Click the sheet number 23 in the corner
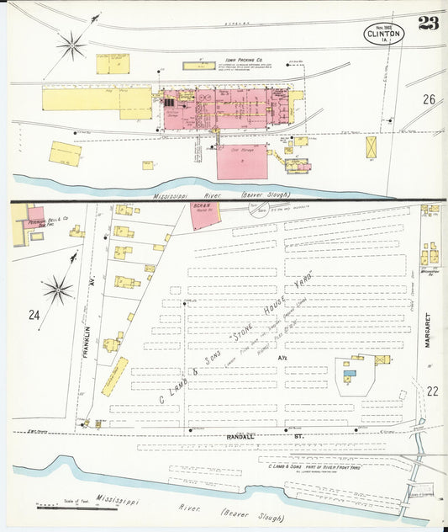click(428, 23)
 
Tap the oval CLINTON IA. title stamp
click(384, 33)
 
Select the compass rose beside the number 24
click(57, 290)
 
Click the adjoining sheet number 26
click(429, 99)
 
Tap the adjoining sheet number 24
click(34, 316)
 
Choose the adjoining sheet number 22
click(433, 391)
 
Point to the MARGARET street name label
click(428, 332)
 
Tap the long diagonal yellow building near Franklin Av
click(114, 376)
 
